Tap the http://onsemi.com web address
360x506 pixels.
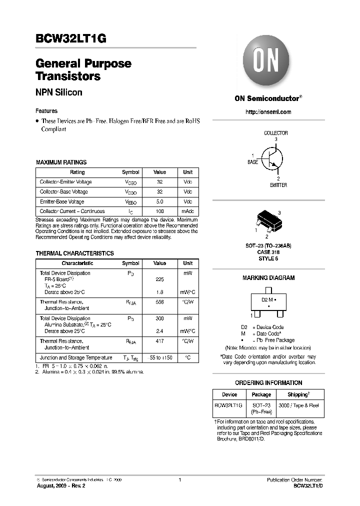(268, 112)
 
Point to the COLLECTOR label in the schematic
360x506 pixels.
(275, 133)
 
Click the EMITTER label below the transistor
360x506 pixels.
(278, 185)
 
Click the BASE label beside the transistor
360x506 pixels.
(253, 162)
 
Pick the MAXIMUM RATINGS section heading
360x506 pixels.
(61, 162)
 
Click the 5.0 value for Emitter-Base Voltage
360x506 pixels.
(159, 201)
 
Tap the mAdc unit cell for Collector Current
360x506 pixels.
(187, 211)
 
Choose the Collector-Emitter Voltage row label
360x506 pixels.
(65, 182)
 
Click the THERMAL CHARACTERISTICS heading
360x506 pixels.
(74, 253)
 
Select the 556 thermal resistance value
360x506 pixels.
(159, 302)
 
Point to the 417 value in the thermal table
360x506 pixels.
(159, 341)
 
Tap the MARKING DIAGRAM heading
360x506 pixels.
(268, 278)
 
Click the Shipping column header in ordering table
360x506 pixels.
(298, 394)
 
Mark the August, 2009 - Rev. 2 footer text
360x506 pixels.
(57, 485)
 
